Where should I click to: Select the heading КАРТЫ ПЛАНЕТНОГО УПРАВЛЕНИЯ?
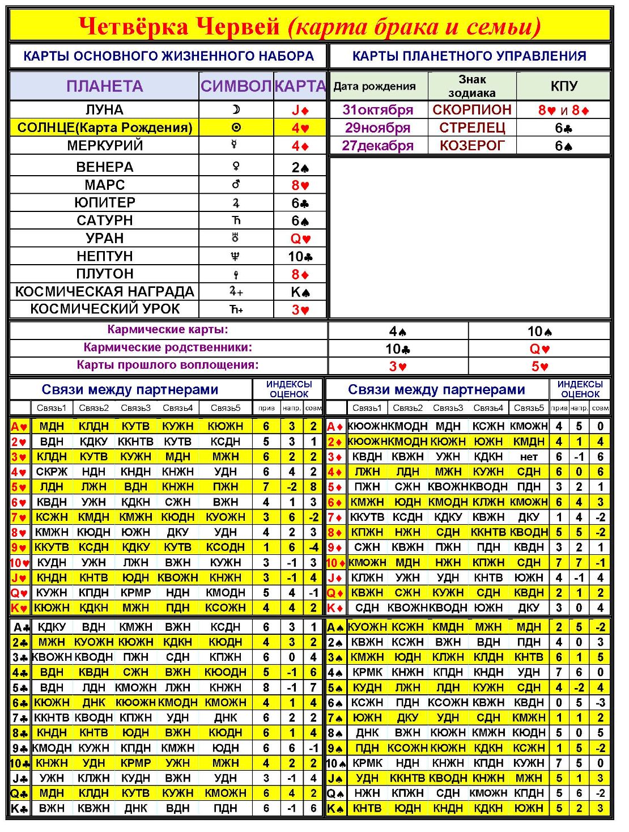tap(469, 56)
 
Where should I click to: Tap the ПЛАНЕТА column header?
tap(104, 86)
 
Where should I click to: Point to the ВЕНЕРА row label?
tap(104, 167)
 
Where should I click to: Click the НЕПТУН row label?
tap(104, 256)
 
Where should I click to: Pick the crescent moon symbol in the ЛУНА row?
tap(236, 109)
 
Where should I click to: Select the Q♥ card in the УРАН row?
tap(300, 239)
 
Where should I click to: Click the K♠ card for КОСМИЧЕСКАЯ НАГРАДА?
tap(300, 292)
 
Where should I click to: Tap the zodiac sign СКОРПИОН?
tap(472, 109)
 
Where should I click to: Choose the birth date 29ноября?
tap(377, 128)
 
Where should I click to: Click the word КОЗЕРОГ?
tap(472, 146)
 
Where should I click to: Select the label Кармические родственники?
tap(168, 347)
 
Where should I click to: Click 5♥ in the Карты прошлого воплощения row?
tap(539, 366)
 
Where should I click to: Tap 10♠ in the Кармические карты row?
tap(539, 331)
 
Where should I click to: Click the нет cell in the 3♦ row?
tap(529, 456)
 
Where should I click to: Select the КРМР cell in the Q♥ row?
tap(135, 593)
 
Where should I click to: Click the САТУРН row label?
tap(104, 220)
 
